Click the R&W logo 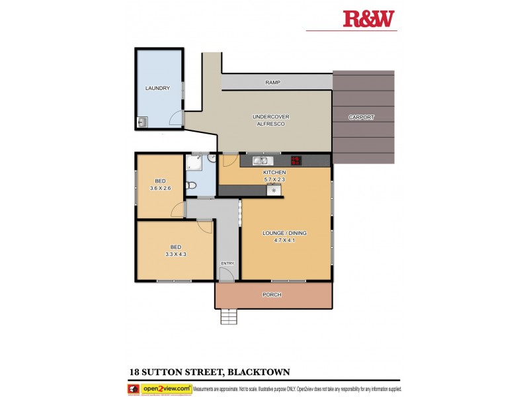370,19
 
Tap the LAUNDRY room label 157,88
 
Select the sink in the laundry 142,121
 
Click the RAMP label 273,83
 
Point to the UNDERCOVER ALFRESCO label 271,120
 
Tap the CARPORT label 362,117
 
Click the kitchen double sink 259,160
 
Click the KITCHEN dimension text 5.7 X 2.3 274,179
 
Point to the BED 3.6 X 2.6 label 160,185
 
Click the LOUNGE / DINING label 285,237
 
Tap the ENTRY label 227,263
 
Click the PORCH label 272,294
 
